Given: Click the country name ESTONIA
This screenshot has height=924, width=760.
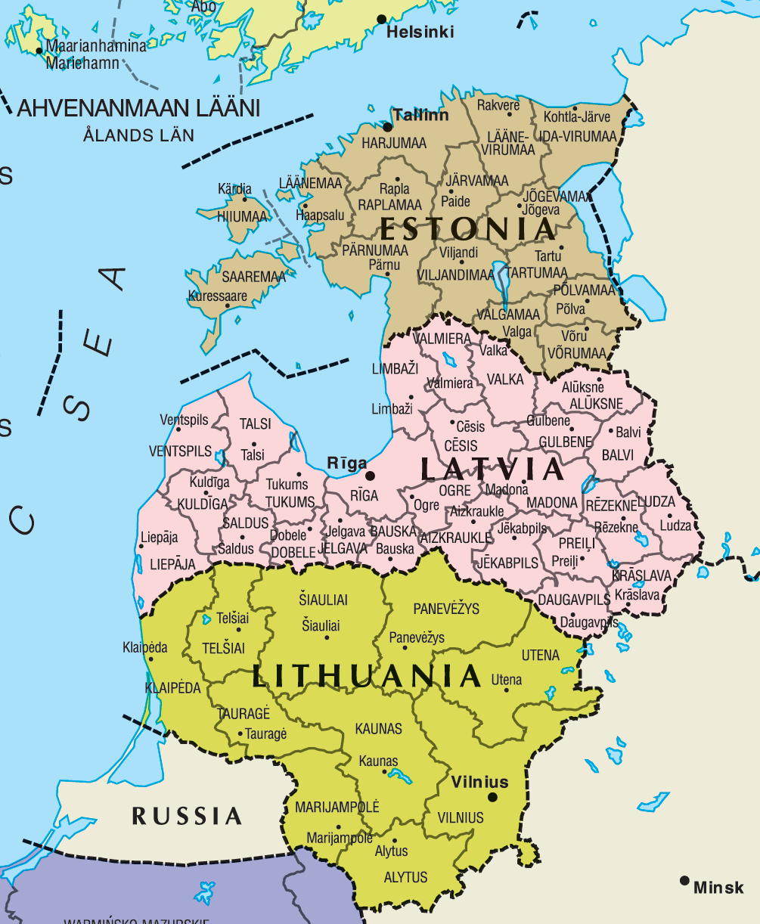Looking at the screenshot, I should tap(467, 228).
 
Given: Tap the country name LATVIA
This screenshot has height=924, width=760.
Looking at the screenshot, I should tap(492, 470).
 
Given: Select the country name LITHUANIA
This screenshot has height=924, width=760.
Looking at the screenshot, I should tap(367, 675).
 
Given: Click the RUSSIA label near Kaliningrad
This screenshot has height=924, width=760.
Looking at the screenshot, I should tap(187, 816).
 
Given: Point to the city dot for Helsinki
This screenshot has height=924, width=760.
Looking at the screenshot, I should tap(382, 19).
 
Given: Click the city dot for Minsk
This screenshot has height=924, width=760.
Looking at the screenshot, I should tap(684, 880).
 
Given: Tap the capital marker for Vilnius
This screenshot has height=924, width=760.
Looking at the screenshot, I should tap(493, 796).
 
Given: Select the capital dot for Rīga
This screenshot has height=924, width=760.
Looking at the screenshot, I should tap(370, 476).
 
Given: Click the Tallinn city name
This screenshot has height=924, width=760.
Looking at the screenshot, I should tap(421, 116).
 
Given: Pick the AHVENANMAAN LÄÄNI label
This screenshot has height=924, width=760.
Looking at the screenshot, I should tap(138, 108).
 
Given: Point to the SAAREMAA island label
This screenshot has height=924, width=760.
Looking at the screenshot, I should tap(253, 278).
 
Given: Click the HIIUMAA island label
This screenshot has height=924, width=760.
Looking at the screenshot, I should tap(242, 216).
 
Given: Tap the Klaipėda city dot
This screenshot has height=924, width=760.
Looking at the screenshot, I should tap(151, 659).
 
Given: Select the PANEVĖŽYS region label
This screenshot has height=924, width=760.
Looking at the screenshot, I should tap(446, 609).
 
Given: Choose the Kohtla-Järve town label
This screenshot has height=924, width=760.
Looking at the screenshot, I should tap(576, 117).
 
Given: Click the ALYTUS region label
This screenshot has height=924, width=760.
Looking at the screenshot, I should tap(405, 877).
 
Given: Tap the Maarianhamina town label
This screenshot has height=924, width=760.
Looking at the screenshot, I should tap(96, 46).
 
